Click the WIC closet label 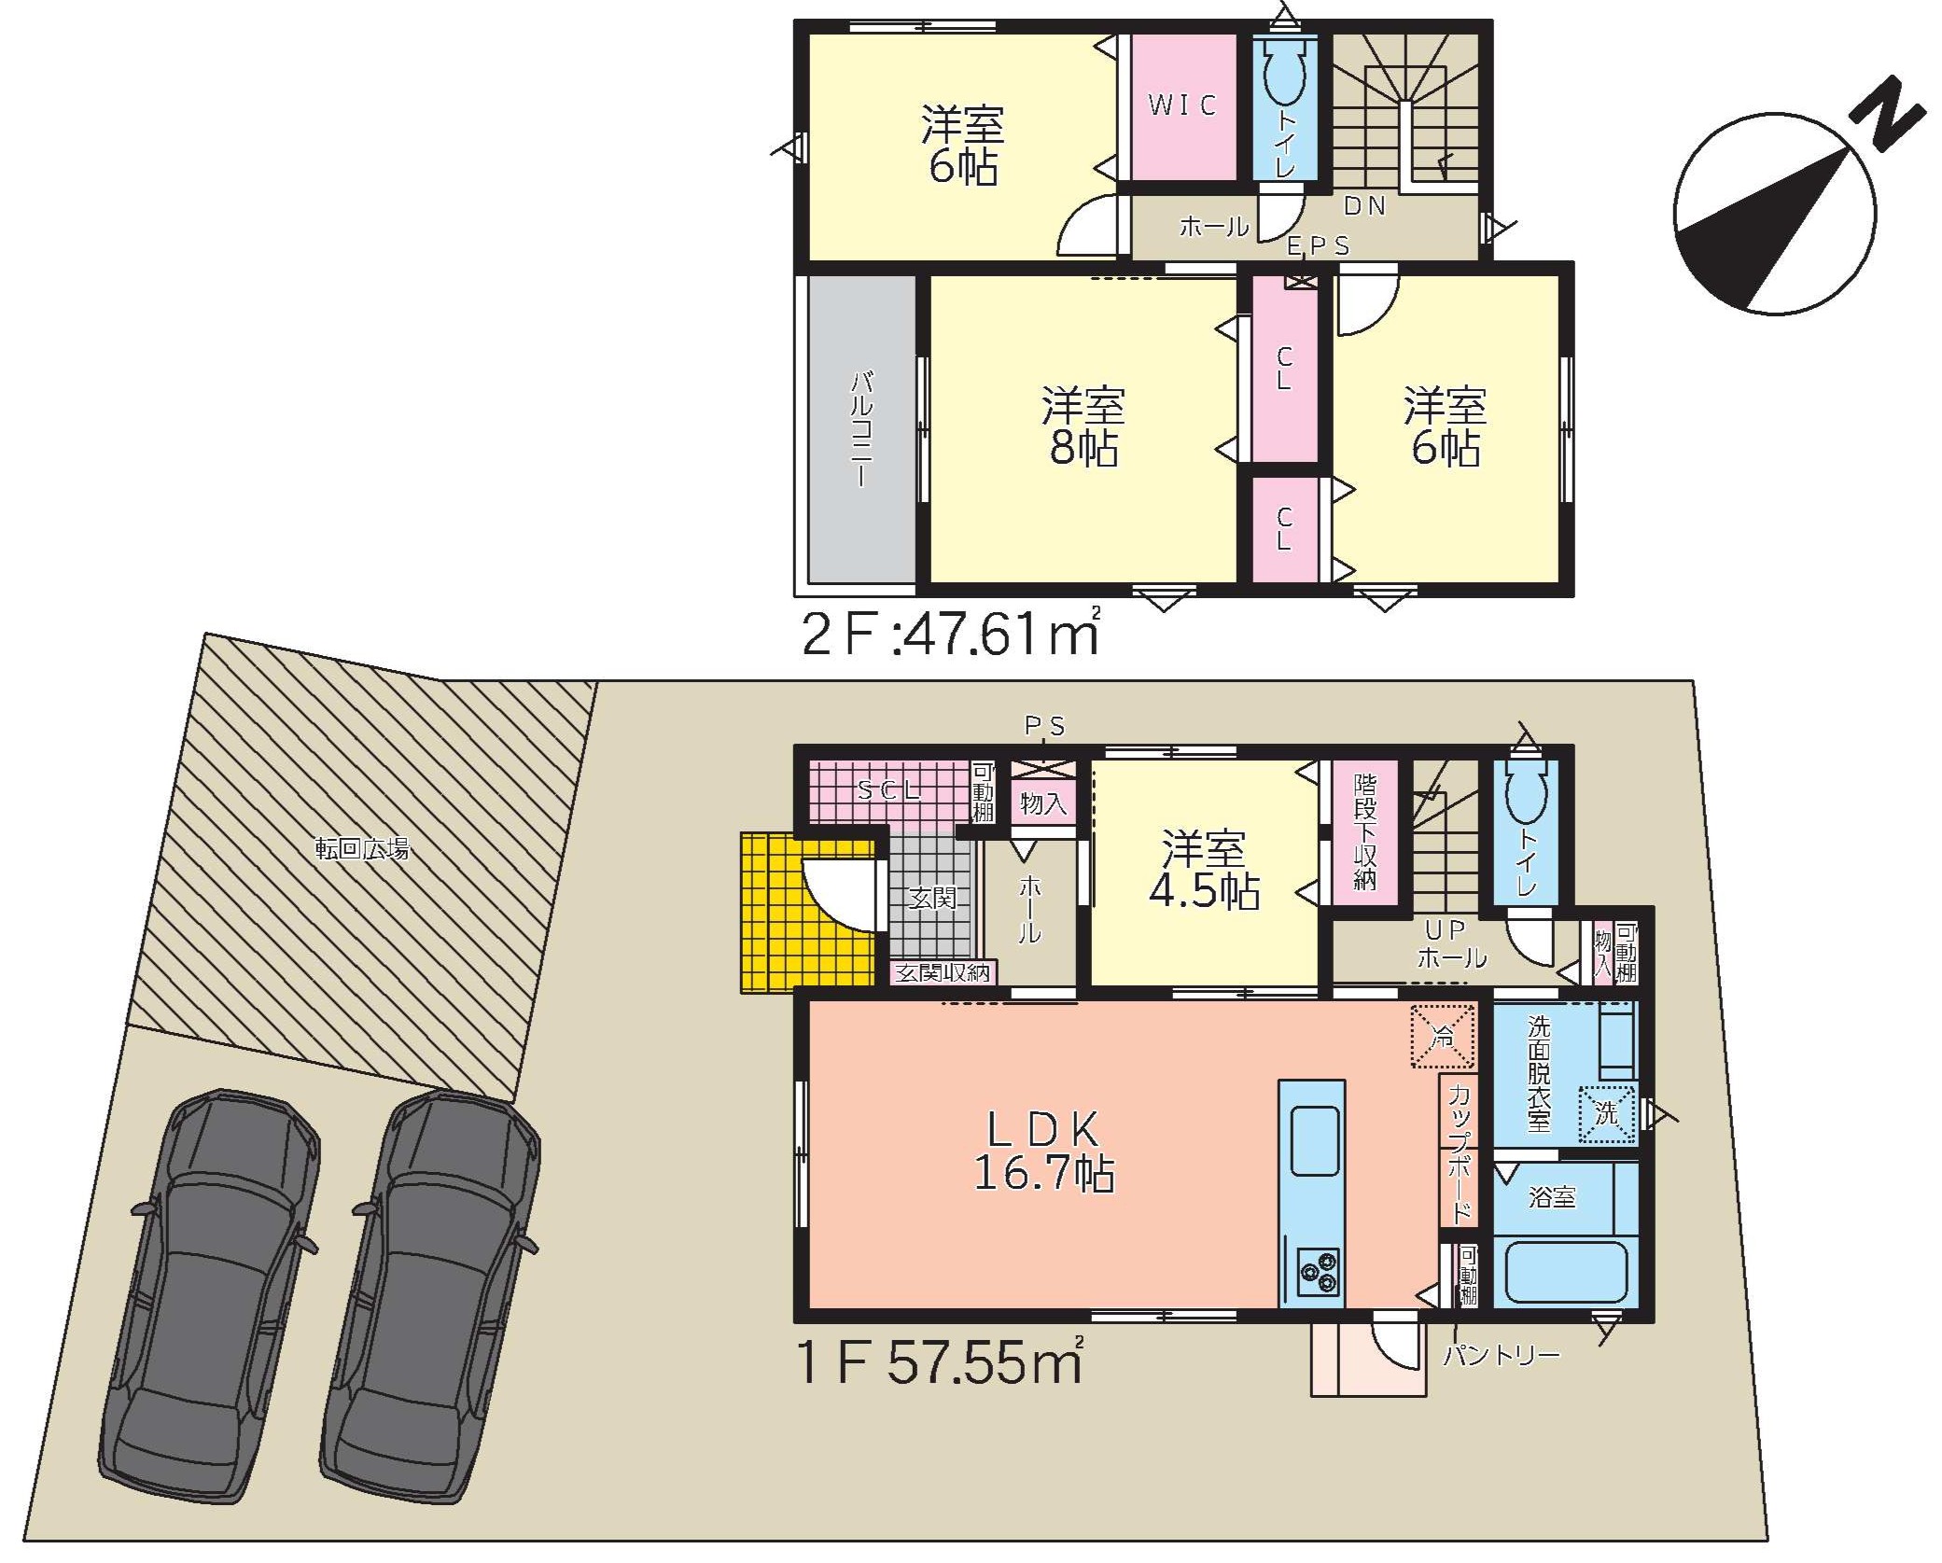[x=1182, y=105]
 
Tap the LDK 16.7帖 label [x=1044, y=1151]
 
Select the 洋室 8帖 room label [x=1083, y=427]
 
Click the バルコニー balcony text [x=862, y=428]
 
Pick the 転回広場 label [x=361, y=849]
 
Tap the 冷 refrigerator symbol [x=1443, y=1036]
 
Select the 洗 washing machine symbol [x=1606, y=1114]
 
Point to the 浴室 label [x=1552, y=1197]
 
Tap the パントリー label [x=1502, y=1355]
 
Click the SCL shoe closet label [x=889, y=791]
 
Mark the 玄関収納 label [x=943, y=972]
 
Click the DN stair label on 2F [x=1365, y=206]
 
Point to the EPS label [x=1319, y=245]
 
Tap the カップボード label [x=1460, y=1153]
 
